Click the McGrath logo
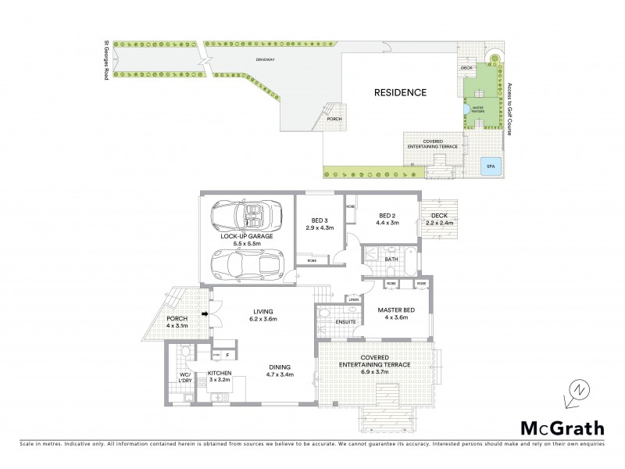click(562, 428)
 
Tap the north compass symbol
click(577, 390)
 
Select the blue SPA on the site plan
click(491, 166)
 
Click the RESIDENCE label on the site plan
click(400, 92)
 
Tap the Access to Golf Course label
click(509, 109)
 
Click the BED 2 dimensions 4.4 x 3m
click(389, 223)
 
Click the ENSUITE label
click(347, 321)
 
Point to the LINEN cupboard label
click(354, 299)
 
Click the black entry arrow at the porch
click(206, 315)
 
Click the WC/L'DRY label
click(185, 378)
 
